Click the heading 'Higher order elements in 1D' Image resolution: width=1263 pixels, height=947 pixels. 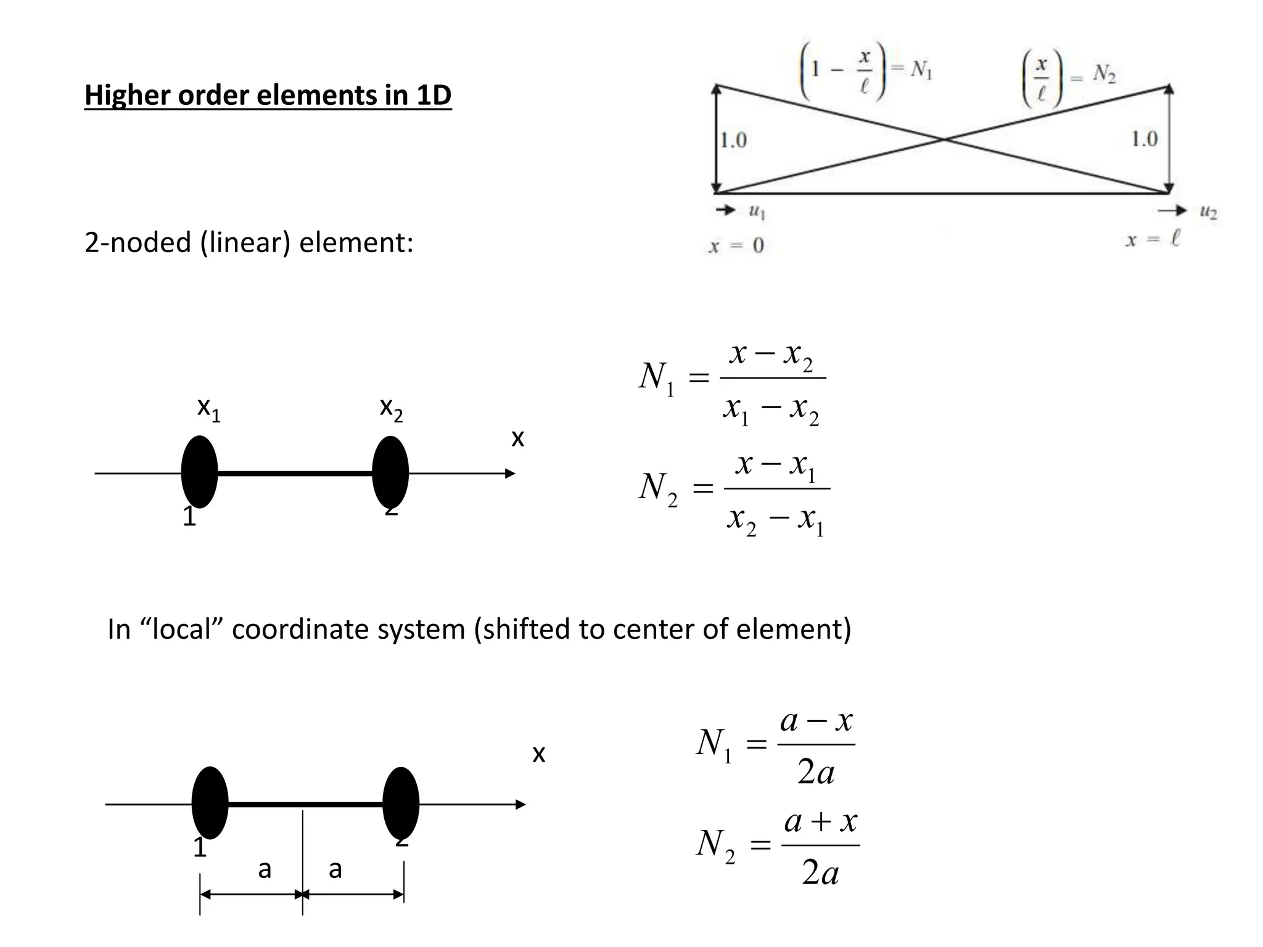[x=268, y=96]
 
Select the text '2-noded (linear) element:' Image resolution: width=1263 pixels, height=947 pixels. [x=249, y=243]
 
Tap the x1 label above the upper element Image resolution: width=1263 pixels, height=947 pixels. [x=208, y=409]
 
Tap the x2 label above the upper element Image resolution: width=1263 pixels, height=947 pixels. [x=391, y=409]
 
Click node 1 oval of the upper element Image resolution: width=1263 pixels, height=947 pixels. [x=199, y=472]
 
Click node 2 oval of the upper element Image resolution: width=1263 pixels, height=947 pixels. [x=390, y=472]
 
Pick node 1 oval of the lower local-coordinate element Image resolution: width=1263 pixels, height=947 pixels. [x=210, y=803]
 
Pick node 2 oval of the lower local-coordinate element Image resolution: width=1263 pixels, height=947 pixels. [x=401, y=803]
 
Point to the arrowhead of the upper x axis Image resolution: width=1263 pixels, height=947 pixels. [x=510, y=473]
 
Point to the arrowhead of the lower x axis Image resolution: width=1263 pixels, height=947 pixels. [x=521, y=804]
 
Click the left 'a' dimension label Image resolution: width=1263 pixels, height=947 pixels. [x=264, y=869]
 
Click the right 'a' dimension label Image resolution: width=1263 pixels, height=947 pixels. [x=335, y=869]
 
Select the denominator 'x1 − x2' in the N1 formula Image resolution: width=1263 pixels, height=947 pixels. [x=771, y=410]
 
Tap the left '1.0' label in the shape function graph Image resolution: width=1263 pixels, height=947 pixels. [x=733, y=141]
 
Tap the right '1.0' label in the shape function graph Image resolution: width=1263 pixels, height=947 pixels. [x=1144, y=139]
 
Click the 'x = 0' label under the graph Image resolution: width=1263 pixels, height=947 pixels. [x=736, y=246]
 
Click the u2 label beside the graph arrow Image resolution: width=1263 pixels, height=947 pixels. [x=1208, y=213]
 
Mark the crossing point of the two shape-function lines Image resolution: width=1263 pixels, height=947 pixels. [x=944, y=140]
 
